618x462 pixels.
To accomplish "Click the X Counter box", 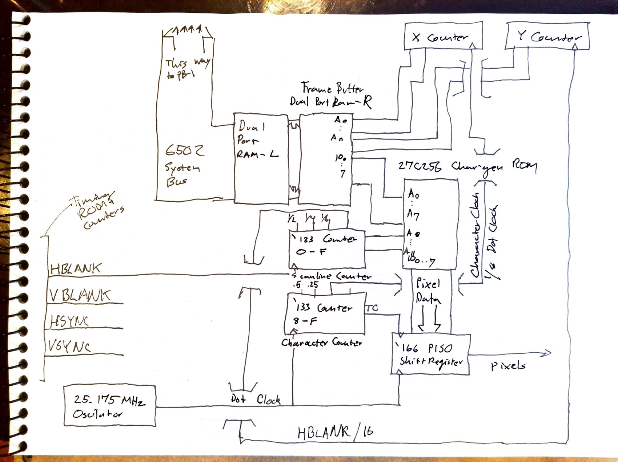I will pos(444,36).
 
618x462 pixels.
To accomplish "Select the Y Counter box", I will pos(547,36).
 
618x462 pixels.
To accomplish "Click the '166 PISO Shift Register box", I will pos(431,354).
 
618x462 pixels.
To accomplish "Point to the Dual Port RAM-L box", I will pos(261,158).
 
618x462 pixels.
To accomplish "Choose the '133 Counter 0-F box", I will pos(327,249).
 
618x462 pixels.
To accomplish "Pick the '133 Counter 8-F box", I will pos(326,314).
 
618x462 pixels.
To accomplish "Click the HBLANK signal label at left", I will pos(76,269).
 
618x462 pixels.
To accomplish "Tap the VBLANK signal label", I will pos(80,296).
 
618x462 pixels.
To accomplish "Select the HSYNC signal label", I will pos(69,321).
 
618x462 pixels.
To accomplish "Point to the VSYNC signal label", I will pos(69,346).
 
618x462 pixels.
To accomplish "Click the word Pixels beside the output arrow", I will pos(508,366).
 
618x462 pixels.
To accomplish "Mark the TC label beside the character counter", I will pos(372,308).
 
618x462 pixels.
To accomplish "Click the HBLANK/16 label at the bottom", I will pos(335,432).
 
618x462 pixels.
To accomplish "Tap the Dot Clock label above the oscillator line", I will pos(256,399).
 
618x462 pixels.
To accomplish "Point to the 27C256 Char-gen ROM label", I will pos(467,167).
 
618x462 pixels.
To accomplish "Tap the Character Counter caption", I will pos(321,343).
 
